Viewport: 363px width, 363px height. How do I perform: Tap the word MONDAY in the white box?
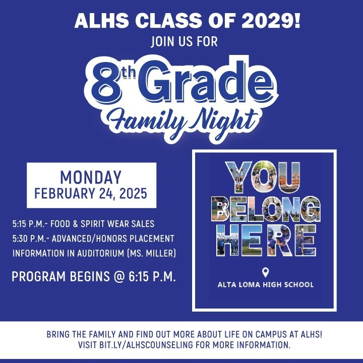coord(91,177)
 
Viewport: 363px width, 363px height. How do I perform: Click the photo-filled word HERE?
coord(265,240)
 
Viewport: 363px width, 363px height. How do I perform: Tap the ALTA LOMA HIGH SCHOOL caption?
coord(265,285)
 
